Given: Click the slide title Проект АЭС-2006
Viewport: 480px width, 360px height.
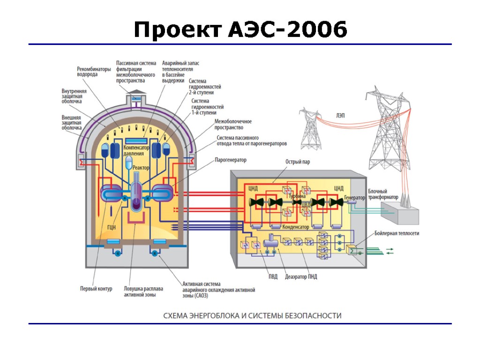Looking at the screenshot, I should coord(240,30).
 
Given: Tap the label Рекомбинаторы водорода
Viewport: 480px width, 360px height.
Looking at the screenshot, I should coord(94,72).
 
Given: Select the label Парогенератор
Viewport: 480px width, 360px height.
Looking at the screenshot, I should coord(231,160).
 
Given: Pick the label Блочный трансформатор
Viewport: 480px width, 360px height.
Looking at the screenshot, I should coord(383,195).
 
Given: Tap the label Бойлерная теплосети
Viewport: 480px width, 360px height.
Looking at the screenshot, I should coord(397,233).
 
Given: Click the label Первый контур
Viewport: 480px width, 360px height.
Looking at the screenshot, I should coord(96,289).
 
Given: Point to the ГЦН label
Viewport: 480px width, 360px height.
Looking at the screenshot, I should coord(112,227).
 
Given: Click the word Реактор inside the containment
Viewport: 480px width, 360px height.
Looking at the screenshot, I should coord(141,167).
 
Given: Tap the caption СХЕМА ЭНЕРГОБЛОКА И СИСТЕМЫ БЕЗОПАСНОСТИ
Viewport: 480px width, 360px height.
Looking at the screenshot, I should coord(252,316).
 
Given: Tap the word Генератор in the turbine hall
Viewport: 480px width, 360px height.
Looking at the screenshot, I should coord(354,198).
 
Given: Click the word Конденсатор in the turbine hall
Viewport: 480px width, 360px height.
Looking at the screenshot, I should coord(295,227).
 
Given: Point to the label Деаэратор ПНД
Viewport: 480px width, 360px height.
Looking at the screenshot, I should coord(301,277).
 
